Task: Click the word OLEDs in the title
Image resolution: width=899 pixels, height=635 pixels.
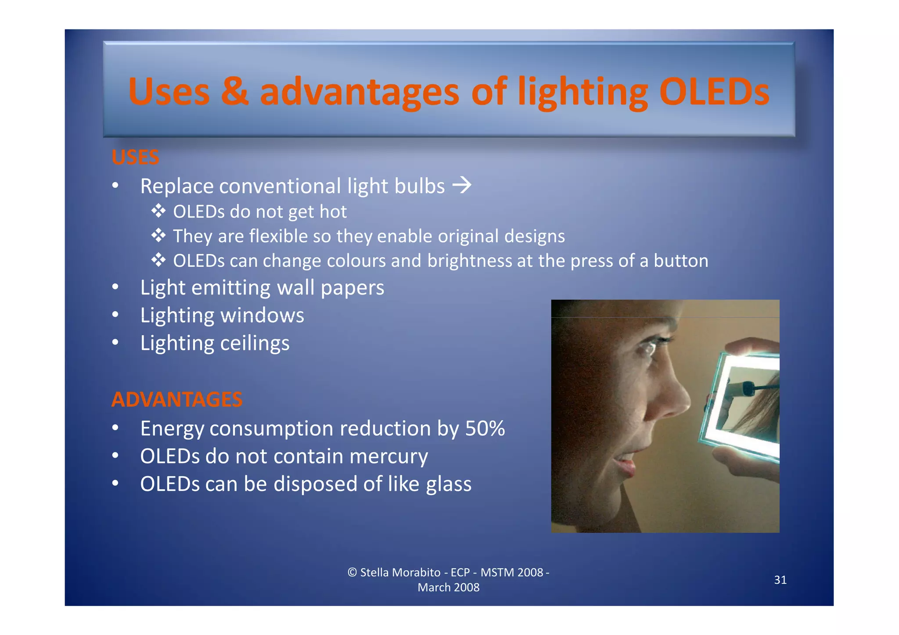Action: click(714, 92)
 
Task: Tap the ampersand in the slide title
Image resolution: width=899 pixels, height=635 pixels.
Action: click(234, 92)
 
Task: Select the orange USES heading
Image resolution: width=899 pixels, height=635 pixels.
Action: click(135, 157)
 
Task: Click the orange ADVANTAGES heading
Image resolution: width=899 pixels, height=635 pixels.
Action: click(177, 399)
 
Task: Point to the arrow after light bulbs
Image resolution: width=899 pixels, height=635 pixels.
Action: click(462, 185)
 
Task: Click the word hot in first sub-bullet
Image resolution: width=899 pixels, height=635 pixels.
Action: click(333, 212)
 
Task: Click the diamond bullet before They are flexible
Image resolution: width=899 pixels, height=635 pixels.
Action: click(158, 236)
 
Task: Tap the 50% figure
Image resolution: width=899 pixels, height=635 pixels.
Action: click(485, 428)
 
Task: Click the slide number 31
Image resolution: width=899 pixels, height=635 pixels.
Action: click(780, 580)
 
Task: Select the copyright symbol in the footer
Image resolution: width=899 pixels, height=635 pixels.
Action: click(352, 572)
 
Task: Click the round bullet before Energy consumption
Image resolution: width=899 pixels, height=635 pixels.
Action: click(115, 428)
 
